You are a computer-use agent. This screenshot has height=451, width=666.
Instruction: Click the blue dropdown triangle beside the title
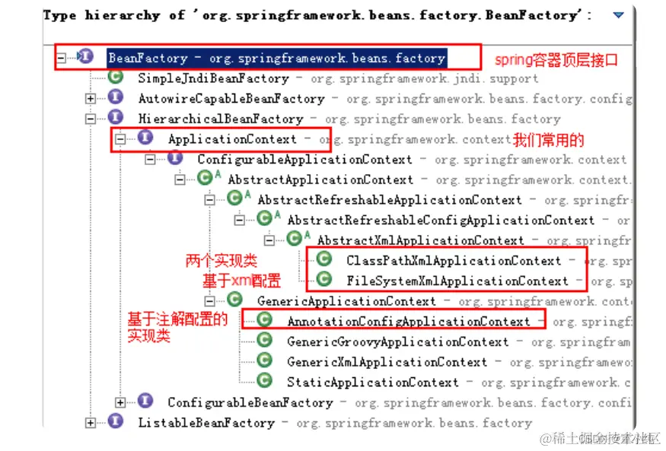coord(618,14)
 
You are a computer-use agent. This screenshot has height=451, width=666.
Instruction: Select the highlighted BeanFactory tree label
coord(276,58)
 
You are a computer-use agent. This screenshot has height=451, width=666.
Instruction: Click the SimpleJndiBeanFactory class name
coord(213,78)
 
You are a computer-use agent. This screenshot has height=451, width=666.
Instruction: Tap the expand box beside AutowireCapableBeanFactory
coord(91,98)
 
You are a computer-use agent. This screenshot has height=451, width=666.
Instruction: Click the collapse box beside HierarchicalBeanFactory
coord(91,119)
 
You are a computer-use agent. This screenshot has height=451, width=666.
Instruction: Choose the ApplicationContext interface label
coord(232,139)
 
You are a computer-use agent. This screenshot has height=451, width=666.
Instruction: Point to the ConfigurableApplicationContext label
coord(304,160)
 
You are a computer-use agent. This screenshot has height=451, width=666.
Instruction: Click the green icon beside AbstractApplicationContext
coord(205,179)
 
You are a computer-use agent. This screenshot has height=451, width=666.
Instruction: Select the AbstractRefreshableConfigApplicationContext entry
coord(441,220)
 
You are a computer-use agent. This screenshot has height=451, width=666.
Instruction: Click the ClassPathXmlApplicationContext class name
coord(454,260)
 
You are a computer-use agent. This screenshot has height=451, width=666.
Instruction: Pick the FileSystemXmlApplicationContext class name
coord(457,281)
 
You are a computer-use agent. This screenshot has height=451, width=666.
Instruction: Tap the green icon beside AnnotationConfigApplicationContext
coord(265,320)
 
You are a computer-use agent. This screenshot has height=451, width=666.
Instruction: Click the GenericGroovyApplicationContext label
coord(397,341)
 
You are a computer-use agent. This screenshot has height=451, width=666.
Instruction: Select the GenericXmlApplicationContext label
coord(387,362)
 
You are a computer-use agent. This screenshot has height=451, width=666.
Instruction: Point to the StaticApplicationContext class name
coord(373,383)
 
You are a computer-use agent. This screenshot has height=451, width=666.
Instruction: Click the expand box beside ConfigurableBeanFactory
coord(120,402)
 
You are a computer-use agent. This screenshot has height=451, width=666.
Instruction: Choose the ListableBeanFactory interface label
coord(206,423)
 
